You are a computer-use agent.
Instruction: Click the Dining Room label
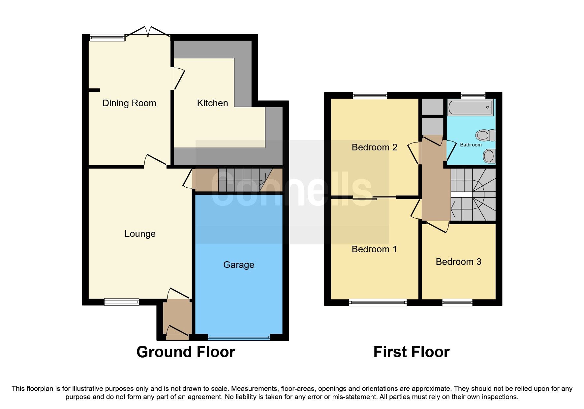(129, 103)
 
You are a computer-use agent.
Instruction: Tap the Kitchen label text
(212, 103)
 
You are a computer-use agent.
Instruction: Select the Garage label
(238, 265)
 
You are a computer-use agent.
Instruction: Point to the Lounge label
(140, 234)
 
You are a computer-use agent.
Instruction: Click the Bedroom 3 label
(458, 262)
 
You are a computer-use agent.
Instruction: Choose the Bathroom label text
(471, 145)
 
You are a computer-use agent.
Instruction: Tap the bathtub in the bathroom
(470, 108)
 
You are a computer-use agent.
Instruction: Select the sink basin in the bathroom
(489, 155)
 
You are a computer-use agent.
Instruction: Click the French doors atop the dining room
(148, 33)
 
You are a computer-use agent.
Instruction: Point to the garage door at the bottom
(239, 338)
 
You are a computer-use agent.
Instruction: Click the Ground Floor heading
(186, 352)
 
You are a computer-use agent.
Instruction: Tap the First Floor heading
(411, 352)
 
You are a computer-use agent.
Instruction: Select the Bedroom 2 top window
(370, 96)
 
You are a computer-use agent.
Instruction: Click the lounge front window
(122, 301)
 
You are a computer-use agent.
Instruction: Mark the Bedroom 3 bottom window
(457, 302)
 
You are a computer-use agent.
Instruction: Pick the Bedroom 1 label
(374, 249)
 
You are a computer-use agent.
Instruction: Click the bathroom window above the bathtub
(473, 96)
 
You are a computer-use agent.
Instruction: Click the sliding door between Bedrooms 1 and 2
(375, 198)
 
